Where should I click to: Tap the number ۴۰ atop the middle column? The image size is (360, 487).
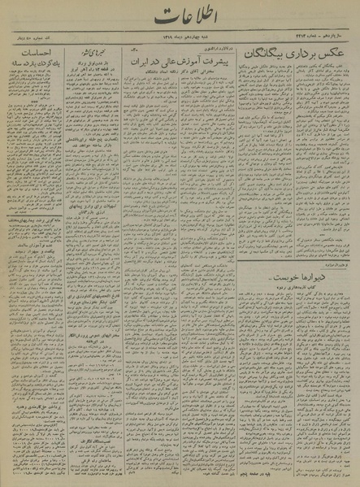coord(134,52)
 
